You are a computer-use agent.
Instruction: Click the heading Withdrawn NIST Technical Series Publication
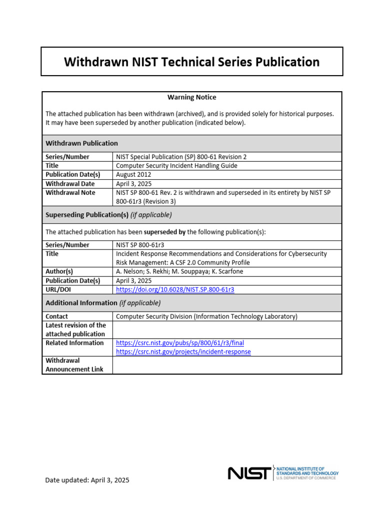coord(192,62)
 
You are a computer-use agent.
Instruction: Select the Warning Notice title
coord(192,97)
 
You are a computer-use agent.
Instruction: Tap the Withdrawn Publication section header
coord(82,143)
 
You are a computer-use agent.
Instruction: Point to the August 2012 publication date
coord(133,175)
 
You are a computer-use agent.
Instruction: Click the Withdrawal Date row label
coord(70,184)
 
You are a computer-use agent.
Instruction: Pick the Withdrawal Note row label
coord(70,192)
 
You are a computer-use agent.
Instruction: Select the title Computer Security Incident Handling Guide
coord(176,166)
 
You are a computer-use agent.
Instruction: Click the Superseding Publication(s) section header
coord(108,215)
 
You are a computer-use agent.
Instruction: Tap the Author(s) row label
coord(59,272)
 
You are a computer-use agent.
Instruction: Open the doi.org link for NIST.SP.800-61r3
coord(175,290)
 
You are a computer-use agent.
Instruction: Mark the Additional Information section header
coord(103,303)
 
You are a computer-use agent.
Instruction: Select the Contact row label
coord(57,317)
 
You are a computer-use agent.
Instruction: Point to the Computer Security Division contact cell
coord(206,317)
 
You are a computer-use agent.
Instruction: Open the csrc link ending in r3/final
coord(180,343)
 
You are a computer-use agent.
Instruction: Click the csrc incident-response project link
coord(183,352)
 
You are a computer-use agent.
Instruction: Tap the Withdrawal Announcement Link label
coord(74,365)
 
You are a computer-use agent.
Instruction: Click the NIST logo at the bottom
coord(250,473)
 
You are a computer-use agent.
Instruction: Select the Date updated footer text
coord(87,480)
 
